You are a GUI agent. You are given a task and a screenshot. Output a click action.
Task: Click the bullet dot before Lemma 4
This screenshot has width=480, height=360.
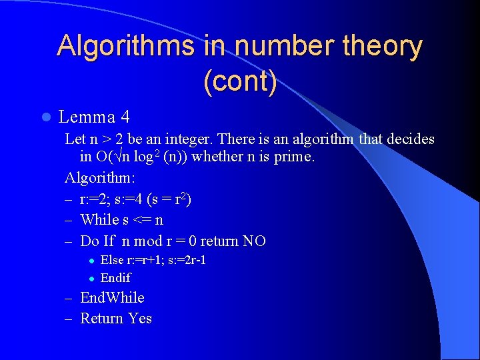[45, 117]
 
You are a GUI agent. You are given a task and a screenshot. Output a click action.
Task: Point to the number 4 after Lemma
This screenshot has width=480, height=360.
[125, 117]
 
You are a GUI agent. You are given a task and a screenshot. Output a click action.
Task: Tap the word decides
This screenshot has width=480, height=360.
[407, 139]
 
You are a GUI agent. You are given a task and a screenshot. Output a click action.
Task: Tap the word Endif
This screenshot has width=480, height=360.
[115, 278]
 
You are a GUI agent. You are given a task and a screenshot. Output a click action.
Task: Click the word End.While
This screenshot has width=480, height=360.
[112, 298]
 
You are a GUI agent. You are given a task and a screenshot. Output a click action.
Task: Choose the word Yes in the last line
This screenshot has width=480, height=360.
[140, 319]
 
